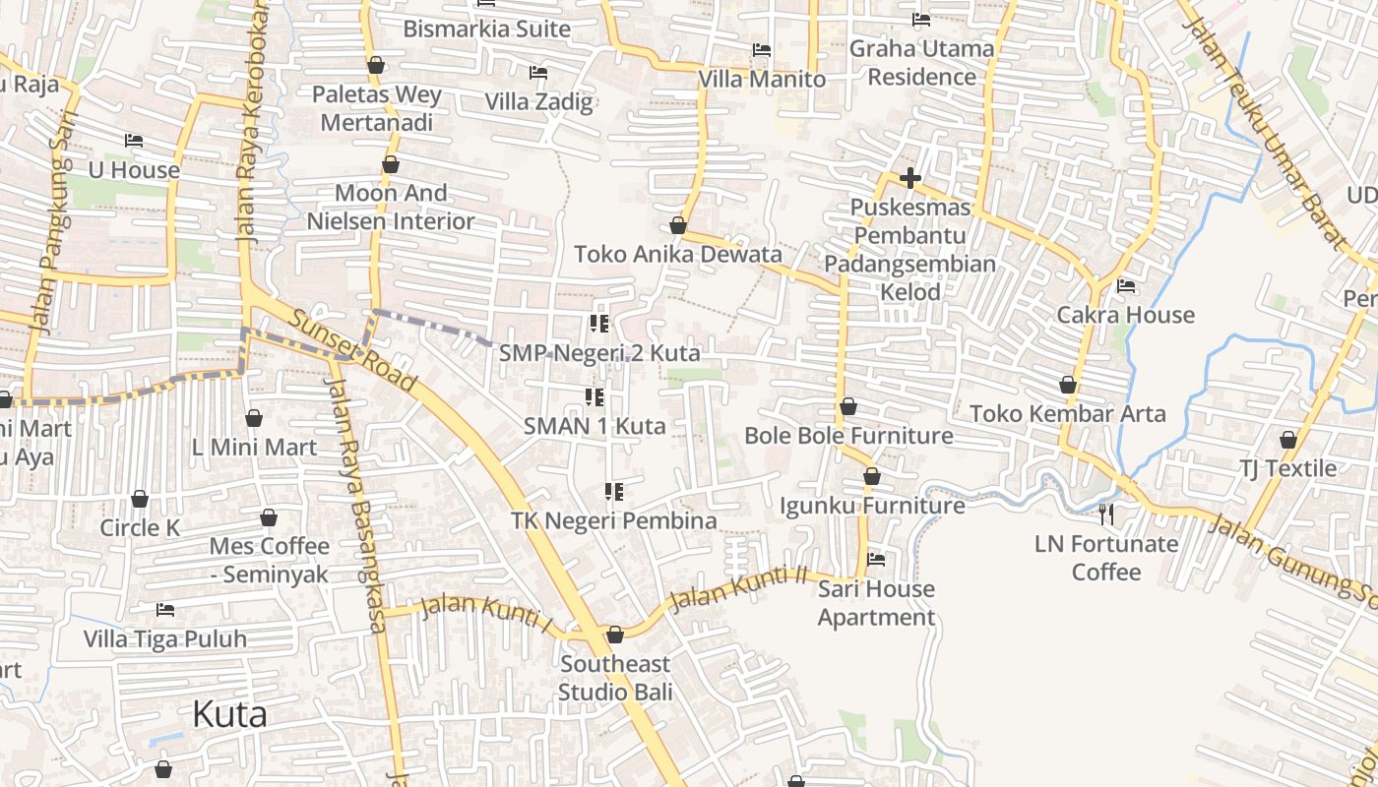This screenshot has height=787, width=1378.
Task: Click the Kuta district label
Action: pos(229,714)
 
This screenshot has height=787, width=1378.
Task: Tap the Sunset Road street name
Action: pos(353,349)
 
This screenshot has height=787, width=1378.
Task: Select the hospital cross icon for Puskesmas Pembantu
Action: pos(910,178)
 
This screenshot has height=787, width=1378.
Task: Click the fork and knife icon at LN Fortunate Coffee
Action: pos(1106,514)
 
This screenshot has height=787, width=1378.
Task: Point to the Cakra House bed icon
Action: pos(1126,286)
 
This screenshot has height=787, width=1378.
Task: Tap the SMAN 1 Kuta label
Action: pos(595,426)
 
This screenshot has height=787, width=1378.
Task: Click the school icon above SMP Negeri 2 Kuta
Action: pos(598,323)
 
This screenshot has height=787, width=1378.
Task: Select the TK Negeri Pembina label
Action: pos(613,520)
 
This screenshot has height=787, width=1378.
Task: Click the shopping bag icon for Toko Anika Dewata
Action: pos(677,225)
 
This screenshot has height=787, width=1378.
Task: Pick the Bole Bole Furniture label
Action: pos(848,435)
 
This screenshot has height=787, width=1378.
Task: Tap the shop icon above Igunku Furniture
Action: pos(871,476)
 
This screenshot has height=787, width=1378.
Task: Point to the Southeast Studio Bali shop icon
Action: pos(615,635)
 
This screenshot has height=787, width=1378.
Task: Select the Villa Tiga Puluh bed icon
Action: pos(165,610)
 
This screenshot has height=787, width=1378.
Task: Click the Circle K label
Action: pos(140,527)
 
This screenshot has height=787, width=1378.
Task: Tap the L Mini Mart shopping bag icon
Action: pos(254,418)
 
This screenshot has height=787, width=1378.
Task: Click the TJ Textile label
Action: pos(1287,468)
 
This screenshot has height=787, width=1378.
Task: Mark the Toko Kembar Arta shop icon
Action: pos(1068,385)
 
